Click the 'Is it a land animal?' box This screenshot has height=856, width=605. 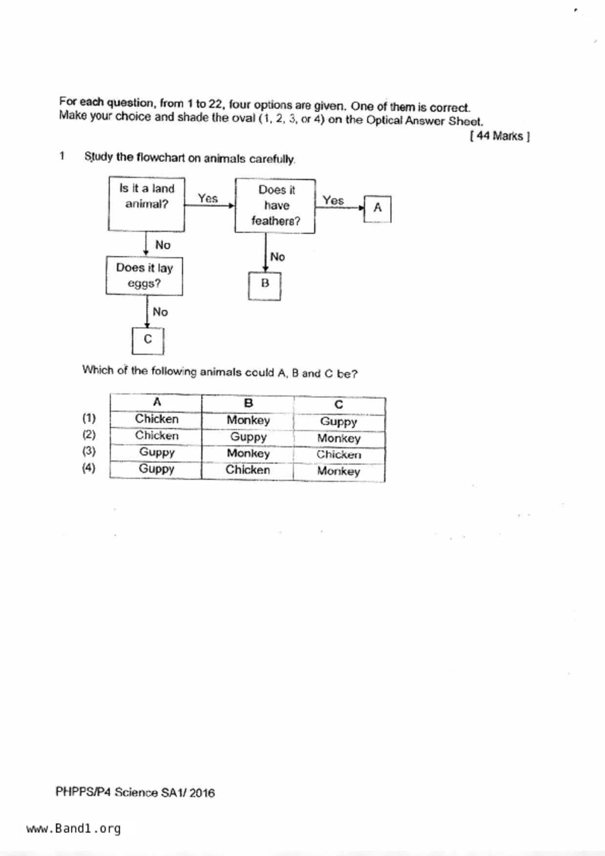tap(146, 204)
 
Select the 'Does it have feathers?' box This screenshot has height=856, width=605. tap(275, 205)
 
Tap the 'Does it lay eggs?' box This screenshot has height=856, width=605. tap(145, 276)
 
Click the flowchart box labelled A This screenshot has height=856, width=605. tap(377, 209)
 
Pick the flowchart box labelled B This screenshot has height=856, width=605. tap(265, 286)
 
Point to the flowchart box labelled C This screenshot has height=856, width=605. tap(148, 340)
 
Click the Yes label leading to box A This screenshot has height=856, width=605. tap(333, 201)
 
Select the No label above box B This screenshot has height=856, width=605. tap(277, 257)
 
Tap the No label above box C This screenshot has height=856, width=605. tap(160, 312)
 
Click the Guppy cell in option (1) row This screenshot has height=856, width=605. tap(339, 422)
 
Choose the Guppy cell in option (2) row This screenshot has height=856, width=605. tap(248, 437)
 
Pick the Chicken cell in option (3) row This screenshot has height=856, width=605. tap(339, 454)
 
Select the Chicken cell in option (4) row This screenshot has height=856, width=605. tap(248, 470)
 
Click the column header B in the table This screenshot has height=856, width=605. tap(248, 403)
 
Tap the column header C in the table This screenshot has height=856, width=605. tap(339, 405)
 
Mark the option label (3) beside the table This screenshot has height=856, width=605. tap(89, 451)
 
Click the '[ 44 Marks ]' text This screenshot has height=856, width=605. tap(500, 136)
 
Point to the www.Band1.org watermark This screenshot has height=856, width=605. tap(73, 829)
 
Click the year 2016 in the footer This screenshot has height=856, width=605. tap(202, 793)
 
